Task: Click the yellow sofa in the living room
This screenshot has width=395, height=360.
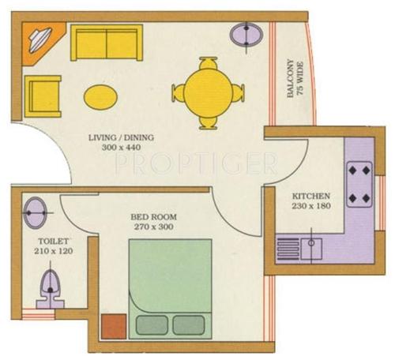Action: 106,43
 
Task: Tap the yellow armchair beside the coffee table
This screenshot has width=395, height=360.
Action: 43,96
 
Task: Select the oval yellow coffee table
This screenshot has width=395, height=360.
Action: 101,96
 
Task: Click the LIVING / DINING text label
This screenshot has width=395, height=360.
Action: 121,138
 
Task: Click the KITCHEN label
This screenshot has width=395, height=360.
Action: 311,196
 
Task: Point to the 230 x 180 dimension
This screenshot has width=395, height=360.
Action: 311,206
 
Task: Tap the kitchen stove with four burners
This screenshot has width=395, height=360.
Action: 360,183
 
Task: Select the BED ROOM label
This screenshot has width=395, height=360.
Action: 155,216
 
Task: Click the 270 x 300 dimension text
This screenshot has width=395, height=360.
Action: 155,227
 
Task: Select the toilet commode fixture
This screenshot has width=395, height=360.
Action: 50,287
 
